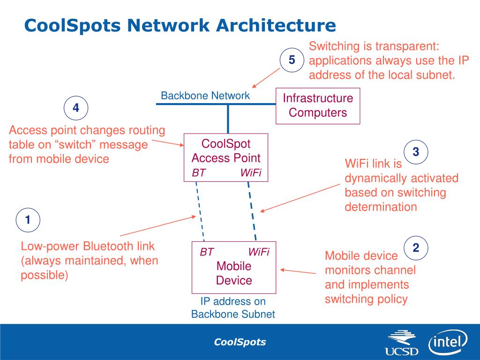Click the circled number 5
(292, 60)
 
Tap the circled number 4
(76, 108)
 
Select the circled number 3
(416, 152)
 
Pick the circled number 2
(416, 248)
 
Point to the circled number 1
(28, 220)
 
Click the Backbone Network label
(205, 96)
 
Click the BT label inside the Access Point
(199, 173)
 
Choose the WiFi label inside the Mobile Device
(259, 252)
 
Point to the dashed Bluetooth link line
(200, 211)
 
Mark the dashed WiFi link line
(252, 211)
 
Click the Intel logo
(448, 342)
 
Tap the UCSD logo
(402, 343)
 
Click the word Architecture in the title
(276, 25)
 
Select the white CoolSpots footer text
(240, 342)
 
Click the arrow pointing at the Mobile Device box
(298, 271)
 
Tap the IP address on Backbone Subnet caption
(233, 307)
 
